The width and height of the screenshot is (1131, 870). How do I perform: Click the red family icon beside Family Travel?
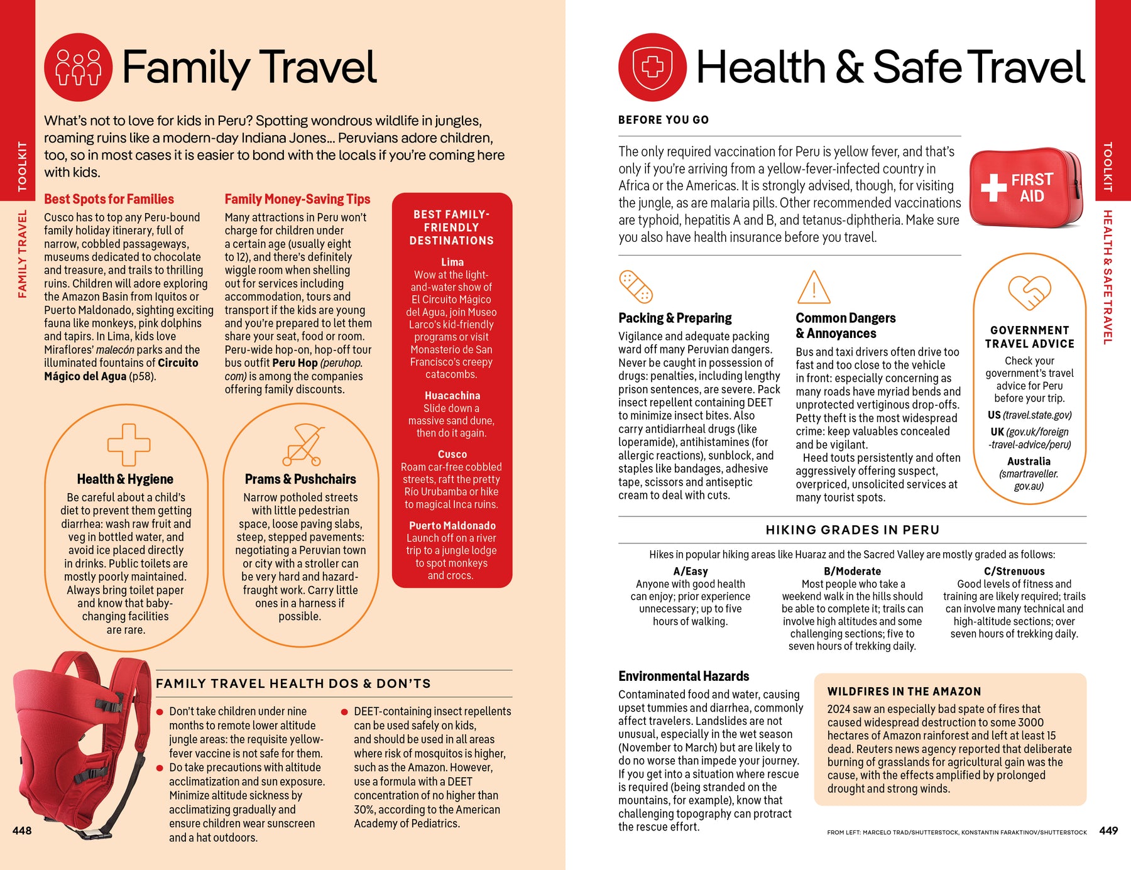pyautogui.click(x=78, y=67)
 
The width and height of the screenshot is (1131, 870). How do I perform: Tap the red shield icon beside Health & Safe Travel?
pyautogui.click(x=652, y=67)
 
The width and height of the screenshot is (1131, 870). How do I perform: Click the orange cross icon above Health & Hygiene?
pyautogui.click(x=128, y=444)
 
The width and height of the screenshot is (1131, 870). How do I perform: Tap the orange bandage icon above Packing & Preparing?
pyautogui.click(x=636, y=287)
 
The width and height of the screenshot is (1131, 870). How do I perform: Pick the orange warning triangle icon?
pyautogui.click(x=814, y=288)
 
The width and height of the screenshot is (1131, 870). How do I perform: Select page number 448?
pyautogui.click(x=22, y=830)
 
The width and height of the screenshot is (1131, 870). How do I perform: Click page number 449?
pyautogui.click(x=1108, y=830)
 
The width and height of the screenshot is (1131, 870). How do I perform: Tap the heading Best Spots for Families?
pyautogui.click(x=109, y=199)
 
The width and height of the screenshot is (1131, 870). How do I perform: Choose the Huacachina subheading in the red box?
pyautogui.click(x=452, y=396)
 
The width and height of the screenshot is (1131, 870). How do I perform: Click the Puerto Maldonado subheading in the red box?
pyautogui.click(x=452, y=526)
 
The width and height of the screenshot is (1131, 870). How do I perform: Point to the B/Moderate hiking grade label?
pyautogui.click(x=852, y=572)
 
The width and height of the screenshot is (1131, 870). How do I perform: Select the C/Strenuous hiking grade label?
pyautogui.click(x=1014, y=572)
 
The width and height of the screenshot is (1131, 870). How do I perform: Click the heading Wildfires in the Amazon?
pyautogui.click(x=904, y=692)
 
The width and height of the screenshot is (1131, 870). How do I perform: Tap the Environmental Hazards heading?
pyautogui.click(x=684, y=677)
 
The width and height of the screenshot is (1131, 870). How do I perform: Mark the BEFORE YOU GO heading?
pyautogui.click(x=664, y=120)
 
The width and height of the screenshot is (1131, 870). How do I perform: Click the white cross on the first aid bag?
pyautogui.click(x=993, y=187)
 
